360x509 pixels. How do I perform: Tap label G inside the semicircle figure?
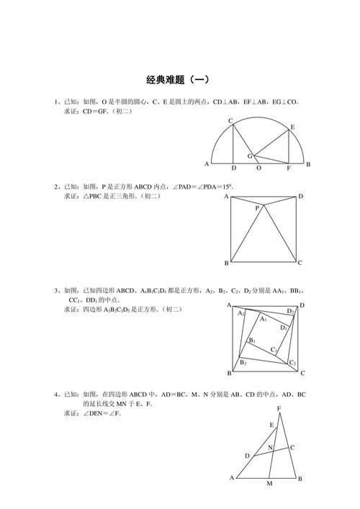(x=250, y=156)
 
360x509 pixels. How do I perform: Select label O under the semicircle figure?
(x=259, y=168)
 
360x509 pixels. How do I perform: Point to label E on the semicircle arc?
(x=292, y=127)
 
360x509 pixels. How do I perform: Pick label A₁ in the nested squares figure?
(x=264, y=318)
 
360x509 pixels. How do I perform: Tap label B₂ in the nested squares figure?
(x=243, y=361)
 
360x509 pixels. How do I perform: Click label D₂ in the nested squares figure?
(x=290, y=311)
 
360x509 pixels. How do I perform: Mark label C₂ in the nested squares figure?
(x=292, y=362)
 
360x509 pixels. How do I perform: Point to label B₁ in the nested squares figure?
(x=253, y=341)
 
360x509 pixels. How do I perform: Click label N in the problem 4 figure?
(x=270, y=447)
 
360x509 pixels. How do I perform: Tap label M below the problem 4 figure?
(x=269, y=485)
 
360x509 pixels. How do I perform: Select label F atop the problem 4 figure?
(x=279, y=409)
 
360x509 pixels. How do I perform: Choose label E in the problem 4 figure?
(x=271, y=425)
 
